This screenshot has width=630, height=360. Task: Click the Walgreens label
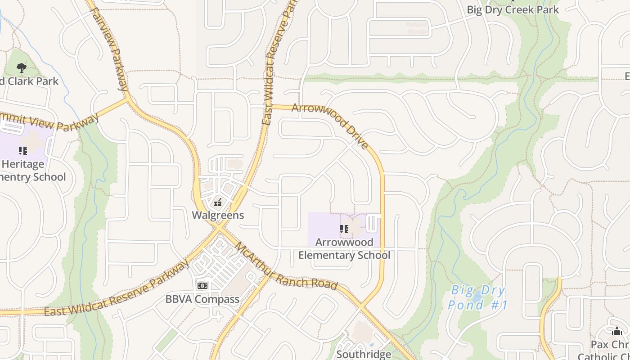coord(218,215)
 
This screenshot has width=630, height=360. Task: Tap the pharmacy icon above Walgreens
coord(218,202)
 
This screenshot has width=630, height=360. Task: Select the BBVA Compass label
coord(202,299)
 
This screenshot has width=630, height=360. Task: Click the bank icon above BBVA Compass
coord(202,285)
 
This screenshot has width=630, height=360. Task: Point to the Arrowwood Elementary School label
coord(344,248)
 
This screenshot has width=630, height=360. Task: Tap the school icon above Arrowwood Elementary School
coord(344,229)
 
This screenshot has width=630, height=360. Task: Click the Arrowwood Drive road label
coord(331,125)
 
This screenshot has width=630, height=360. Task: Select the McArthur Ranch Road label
coord(285,267)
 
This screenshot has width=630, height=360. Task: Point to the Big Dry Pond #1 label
coord(477,297)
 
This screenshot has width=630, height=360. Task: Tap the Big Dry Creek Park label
coord(513,9)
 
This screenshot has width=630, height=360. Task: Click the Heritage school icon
coord(23,150)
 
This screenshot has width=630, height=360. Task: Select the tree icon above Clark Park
coord(21,68)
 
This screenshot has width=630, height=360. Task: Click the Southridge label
coord(364,354)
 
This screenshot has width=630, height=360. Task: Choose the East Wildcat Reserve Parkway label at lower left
coord(117,288)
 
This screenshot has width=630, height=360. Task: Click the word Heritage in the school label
coord(22,164)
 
